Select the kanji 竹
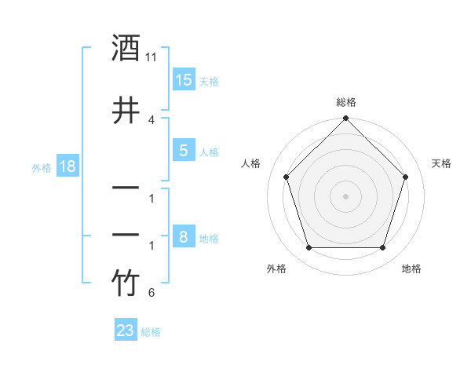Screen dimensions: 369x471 pyautogui.click(x=126, y=283)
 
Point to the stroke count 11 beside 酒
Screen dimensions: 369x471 pyautogui.click(x=152, y=57)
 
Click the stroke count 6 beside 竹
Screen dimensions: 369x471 pyautogui.click(x=151, y=294)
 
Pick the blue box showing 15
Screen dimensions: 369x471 pyautogui.click(x=184, y=80)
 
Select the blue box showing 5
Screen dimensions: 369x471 pyautogui.click(x=184, y=152)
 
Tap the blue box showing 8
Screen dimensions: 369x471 pyautogui.click(x=184, y=237)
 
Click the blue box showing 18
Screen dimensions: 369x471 pyautogui.click(x=67, y=166)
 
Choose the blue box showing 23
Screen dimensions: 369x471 pyautogui.click(x=126, y=331)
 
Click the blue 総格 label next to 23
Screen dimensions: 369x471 pyautogui.click(x=151, y=332)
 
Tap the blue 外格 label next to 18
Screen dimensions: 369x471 pyautogui.click(x=42, y=167)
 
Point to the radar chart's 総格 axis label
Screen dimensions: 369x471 pyautogui.click(x=346, y=102)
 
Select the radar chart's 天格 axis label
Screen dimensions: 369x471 pyautogui.click(x=441, y=163)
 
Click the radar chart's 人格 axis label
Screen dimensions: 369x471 pyautogui.click(x=251, y=163)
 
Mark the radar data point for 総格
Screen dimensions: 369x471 pyautogui.click(x=346, y=119)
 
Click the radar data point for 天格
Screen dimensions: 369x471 pyautogui.click(x=406, y=177)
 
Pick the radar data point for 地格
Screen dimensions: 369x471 pyautogui.click(x=383, y=248)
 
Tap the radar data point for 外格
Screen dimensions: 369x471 pyautogui.click(x=309, y=248)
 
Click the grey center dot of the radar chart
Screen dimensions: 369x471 pyautogui.click(x=346, y=196)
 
